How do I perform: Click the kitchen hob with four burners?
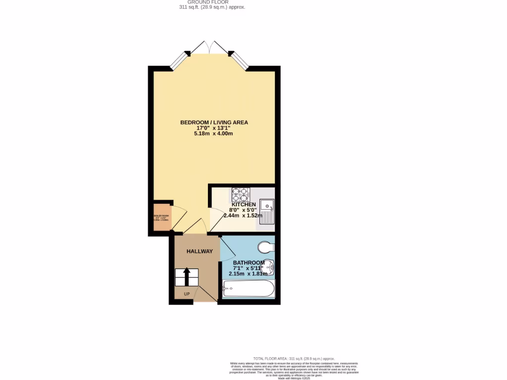tap(240, 193)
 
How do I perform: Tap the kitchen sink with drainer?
tap(267, 211)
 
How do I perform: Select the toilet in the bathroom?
tap(265, 247)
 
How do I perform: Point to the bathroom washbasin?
tap(269, 267)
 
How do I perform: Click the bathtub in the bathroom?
tap(248, 288)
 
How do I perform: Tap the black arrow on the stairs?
tap(187, 277)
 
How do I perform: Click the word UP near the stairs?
tap(187, 294)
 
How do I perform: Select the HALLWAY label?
tap(200, 251)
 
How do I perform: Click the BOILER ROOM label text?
tap(162, 216)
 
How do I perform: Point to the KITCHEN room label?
tap(244, 204)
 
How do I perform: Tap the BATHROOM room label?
tap(249, 263)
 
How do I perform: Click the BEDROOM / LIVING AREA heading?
tap(214, 122)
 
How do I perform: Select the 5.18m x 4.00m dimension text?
tap(213, 134)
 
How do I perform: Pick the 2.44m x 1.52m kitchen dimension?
tap(243, 216)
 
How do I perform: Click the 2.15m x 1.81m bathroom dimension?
tap(248, 274)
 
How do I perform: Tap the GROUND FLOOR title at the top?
tap(212, 2)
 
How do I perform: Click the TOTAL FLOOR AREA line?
tap(294, 358)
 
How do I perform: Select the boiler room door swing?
tap(180, 218)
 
